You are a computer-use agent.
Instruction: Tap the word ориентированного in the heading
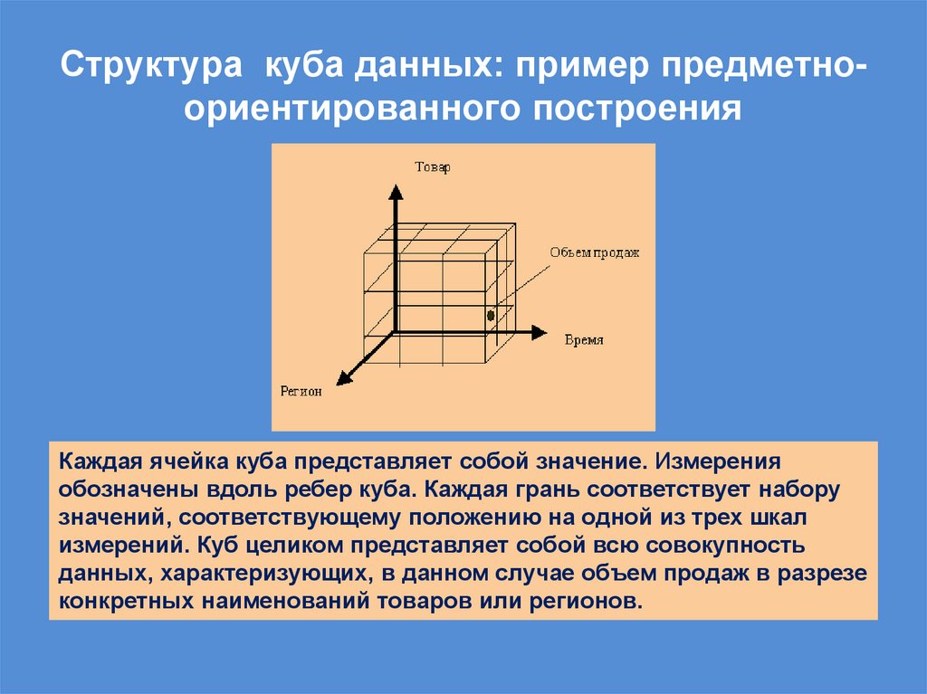[x=347, y=108]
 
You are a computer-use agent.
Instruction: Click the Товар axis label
[x=432, y=167]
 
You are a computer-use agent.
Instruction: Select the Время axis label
[x=584, y=340]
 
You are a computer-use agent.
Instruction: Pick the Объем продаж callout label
[x=594, y=253]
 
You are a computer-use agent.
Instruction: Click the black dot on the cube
[x=490, y=316]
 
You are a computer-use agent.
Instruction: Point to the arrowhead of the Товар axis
[x=395, y=191]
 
